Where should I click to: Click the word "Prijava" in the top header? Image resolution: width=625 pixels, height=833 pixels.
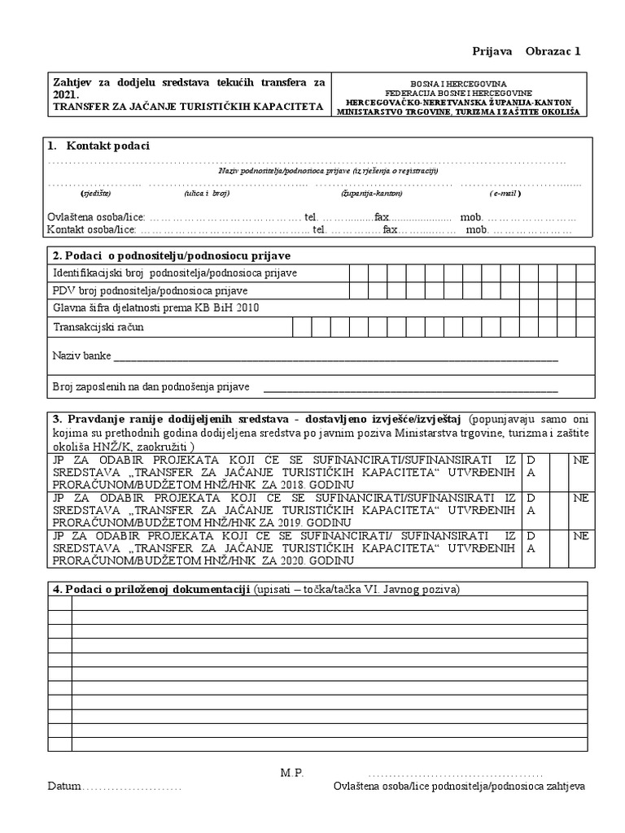(492, 51)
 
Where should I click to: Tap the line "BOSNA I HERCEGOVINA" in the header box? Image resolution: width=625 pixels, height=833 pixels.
(457, 83)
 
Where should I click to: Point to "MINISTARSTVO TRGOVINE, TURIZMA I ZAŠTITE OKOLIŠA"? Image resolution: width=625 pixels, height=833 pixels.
(457, 111)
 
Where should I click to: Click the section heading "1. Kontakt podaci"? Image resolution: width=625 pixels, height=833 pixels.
(98, 146)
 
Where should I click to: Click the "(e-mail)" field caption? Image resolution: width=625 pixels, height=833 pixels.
(505, 194)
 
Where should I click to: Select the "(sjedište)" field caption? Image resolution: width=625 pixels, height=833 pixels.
(95, 194)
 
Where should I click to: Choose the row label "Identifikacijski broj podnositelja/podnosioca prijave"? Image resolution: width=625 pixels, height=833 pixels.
(175, 272)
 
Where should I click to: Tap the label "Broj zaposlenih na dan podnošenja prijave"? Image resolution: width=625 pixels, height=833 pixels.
(151, 386)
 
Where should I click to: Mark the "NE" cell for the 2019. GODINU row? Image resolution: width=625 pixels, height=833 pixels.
(580, 496)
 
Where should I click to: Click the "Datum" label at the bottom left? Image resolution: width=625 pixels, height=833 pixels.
(64, 787)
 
